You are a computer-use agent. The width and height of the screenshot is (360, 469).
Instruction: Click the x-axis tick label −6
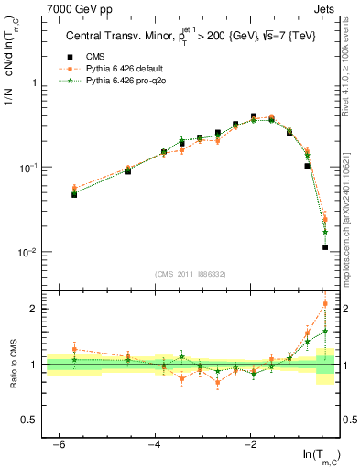[60, 444]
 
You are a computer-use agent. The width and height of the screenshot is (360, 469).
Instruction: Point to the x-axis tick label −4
[155, 444]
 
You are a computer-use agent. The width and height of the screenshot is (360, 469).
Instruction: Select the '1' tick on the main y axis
[37, 82]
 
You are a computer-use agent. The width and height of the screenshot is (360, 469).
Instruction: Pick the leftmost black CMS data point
[74, 194]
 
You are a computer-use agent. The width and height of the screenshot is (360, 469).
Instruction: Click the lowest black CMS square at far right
[325, 247]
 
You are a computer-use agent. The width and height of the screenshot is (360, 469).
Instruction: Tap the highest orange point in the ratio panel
[325, 303]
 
